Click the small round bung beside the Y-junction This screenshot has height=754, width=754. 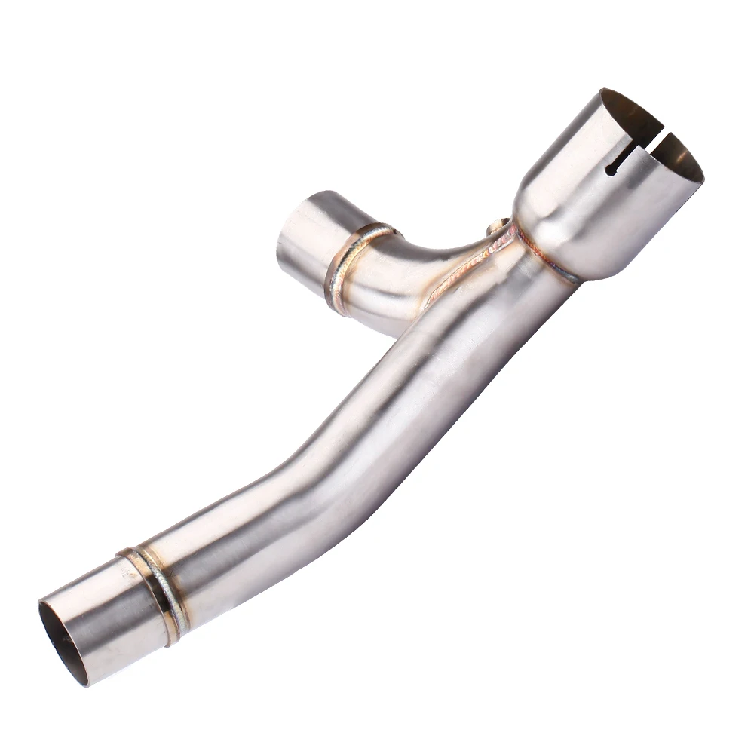(x=497, y=225)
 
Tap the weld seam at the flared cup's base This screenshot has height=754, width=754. (x=554, y=264)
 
